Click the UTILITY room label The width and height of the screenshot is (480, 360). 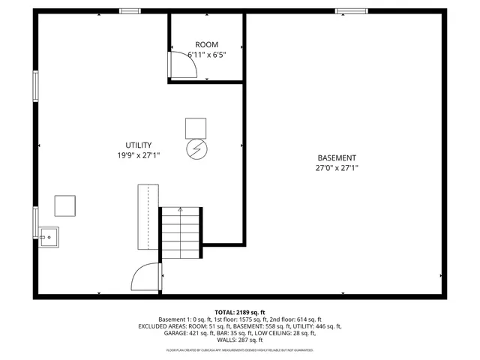tap(139, 145)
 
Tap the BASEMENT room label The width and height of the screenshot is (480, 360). tap(337, 157)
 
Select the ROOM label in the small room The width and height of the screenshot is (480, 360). tap(207, 45)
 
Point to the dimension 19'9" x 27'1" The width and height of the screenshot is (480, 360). tap(139, 155)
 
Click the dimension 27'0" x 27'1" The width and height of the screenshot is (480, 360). tap(337, 168)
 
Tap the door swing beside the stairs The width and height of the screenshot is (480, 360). tap(145, 277)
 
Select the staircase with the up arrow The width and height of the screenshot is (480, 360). tap(181, 232)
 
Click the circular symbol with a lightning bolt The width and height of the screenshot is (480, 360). tap(196, 148)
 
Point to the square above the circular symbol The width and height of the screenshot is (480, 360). tap(196, 128)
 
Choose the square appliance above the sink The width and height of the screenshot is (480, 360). tap(64, 205)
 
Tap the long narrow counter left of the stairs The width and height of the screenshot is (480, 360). tap(148, 217)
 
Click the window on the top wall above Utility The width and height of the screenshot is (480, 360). tap(130, 11)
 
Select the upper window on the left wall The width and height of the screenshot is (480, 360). tap(35, 85)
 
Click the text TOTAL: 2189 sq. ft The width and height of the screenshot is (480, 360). tap(240, 312)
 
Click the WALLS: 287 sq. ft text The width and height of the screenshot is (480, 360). tap(240, 340)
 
